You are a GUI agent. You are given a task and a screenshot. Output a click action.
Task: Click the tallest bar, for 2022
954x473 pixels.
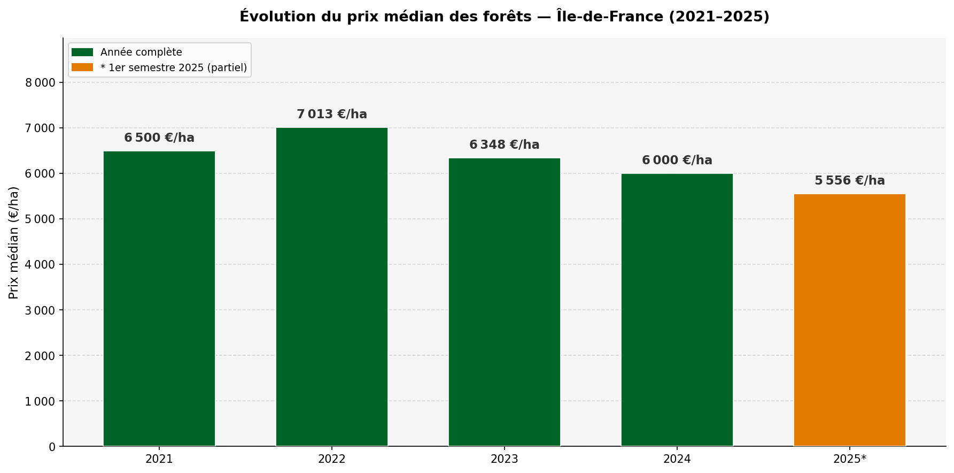coord(331,287)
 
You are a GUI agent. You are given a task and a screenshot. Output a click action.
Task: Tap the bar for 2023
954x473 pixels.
coord(504,302)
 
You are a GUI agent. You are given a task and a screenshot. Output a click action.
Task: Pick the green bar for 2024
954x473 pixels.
coord(677,310)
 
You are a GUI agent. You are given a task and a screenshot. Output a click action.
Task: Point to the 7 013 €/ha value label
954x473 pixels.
coord(332,115)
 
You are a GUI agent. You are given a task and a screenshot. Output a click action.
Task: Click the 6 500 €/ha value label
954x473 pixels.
coord(159,138)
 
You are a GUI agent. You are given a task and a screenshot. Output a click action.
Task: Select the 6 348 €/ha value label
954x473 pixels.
coord(504,145)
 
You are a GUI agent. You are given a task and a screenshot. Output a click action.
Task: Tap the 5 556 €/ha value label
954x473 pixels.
coord(849,181)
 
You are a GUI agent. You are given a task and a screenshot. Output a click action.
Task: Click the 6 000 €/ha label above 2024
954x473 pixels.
coord(677,161)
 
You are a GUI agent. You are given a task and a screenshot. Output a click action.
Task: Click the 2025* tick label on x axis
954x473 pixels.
coord(849,459)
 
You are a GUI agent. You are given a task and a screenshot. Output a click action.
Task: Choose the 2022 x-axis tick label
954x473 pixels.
coord(331,459)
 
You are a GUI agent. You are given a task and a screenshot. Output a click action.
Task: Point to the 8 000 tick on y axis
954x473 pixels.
coord(40,82)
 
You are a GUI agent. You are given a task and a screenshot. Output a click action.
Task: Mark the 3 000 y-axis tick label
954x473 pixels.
coord(40,310)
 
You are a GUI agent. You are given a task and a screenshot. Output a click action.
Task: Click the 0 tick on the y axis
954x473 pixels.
coord(52,447)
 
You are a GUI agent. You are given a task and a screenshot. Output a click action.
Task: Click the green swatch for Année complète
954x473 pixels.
coord(82,52)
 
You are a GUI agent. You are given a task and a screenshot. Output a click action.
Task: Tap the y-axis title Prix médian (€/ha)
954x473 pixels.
coord(14,242)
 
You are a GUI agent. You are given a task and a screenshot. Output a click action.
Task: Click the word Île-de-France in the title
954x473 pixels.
coord(609,17)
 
